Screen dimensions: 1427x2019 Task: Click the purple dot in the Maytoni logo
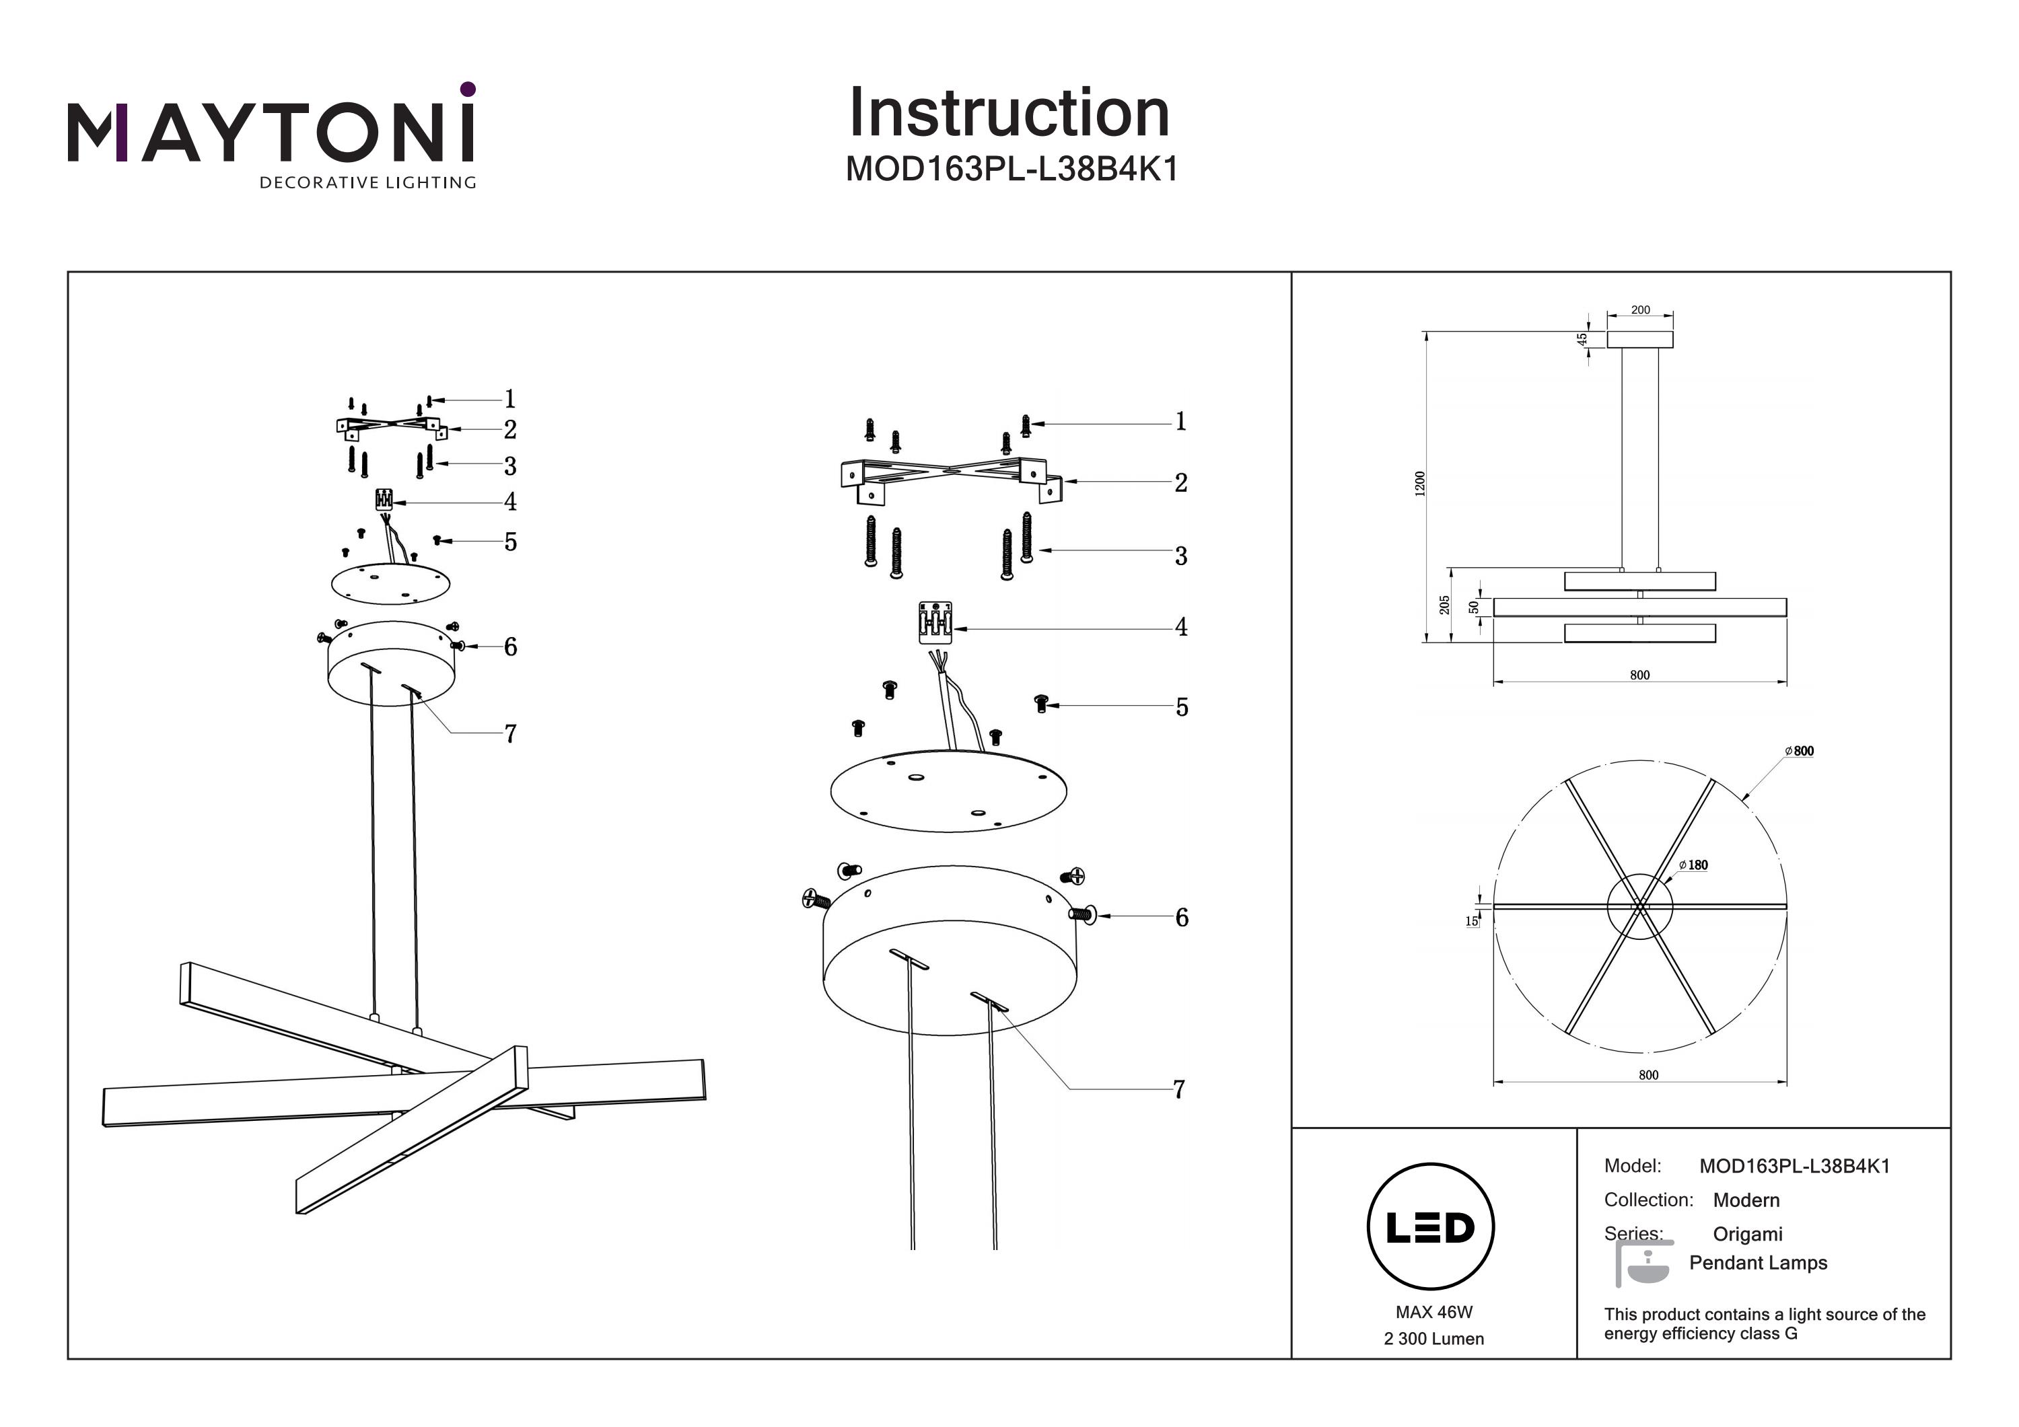[468, 89]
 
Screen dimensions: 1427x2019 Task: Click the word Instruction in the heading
[1010, 114]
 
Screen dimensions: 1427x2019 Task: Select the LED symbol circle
[1431, 1227]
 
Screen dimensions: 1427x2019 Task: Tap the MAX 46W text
[1433, 1312]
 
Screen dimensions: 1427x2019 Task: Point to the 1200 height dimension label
[1420, 484]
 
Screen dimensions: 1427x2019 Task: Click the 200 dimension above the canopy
[1640, 310]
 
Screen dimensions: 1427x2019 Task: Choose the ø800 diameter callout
[1799, 751]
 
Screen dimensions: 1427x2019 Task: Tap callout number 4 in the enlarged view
[1181, 628]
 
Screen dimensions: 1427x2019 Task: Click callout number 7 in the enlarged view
[1179, 1089]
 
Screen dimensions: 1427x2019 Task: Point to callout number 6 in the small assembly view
[510, 647]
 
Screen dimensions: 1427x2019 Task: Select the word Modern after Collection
[1746, 1200]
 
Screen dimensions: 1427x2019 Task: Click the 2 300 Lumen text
[1433, 1339]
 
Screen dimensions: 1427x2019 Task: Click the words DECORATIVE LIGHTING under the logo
[367, 183]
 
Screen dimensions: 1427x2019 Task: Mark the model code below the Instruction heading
[1012, 169]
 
